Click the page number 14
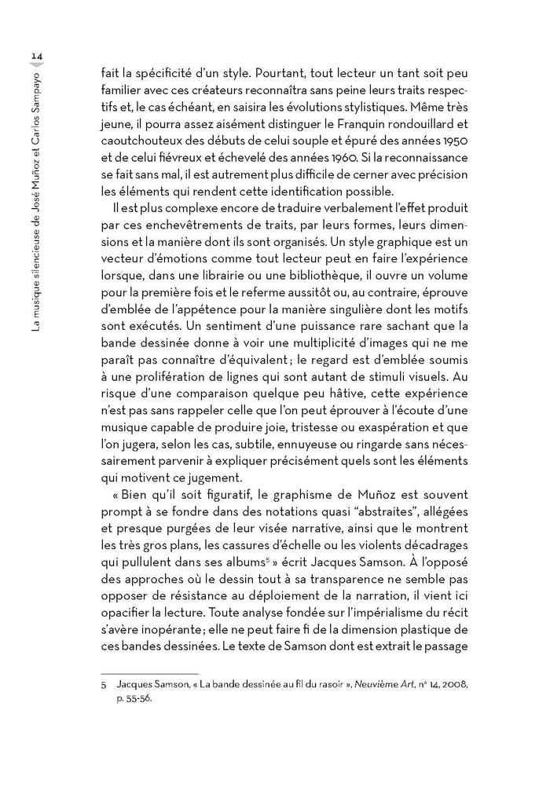[x=37, y=54]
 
